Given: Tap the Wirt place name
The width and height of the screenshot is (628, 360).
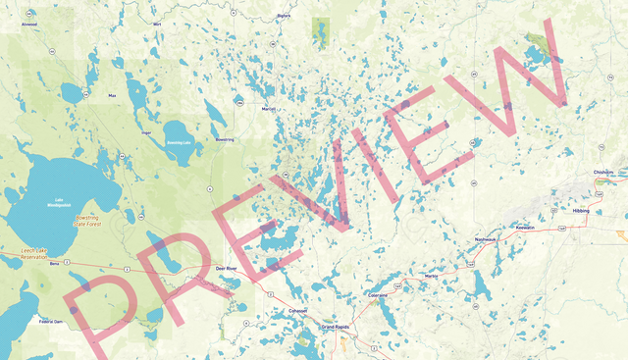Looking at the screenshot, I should (156, 23).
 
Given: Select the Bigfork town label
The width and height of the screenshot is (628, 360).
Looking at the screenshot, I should (285, 16).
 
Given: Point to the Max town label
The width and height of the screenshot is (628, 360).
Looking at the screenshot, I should (112, 95).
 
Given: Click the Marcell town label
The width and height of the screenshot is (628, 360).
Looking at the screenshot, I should (269, 109).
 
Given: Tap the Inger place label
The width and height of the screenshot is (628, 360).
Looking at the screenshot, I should (146, 130).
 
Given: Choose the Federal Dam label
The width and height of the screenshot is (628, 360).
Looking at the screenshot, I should (51, 321).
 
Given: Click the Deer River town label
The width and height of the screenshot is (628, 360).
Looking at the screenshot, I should (227, 267).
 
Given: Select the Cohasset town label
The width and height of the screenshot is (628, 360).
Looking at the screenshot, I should (297, 311).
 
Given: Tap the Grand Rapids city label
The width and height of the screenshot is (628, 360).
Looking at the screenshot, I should (335, 327).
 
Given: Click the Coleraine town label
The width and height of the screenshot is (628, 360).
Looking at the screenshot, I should (378, 294).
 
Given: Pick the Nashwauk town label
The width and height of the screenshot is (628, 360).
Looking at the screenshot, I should (486, 238).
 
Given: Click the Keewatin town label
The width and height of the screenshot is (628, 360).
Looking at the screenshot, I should (525, 227).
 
